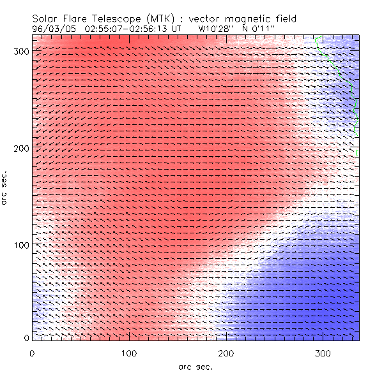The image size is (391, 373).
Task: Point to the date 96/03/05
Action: pos(53,29)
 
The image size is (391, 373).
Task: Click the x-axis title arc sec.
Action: pos(195,367)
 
